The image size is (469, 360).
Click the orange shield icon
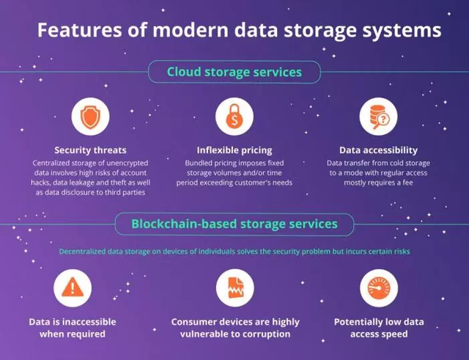[90, 117]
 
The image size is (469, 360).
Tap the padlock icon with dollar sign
[234, 117]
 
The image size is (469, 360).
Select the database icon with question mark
[378, 117]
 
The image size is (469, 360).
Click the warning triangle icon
[73, 287]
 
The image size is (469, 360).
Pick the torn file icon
[236, 287]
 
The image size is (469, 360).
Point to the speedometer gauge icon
[379, 288]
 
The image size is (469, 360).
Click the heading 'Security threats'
[90, 150]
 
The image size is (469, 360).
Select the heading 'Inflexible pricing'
[234, 150]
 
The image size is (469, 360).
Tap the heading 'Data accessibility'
[378, 150]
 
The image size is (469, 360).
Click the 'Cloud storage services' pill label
[234, 72]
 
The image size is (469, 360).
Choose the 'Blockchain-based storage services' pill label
[234, 224]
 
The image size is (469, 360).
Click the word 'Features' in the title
[80, 29]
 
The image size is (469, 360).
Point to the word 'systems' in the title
[402, 31]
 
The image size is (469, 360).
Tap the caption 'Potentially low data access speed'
[379, 328]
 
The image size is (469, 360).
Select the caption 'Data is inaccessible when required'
[73, 328]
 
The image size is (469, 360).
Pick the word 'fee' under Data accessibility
[408, 183]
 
